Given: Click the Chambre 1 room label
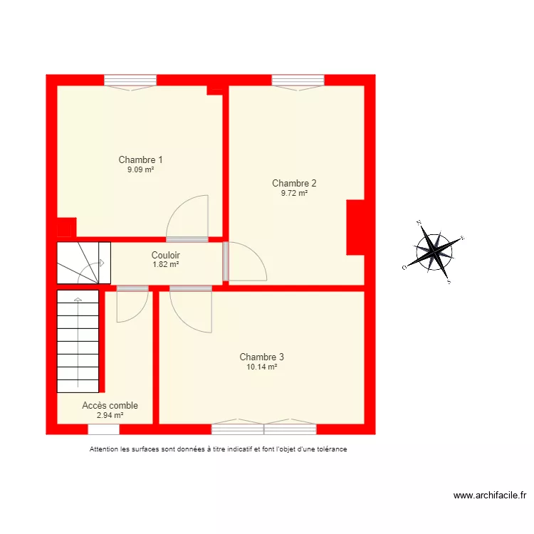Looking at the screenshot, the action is tap(140, 159).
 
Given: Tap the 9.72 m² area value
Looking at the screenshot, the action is tap(294, 193).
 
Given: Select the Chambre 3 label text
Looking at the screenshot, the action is tap(261, 357).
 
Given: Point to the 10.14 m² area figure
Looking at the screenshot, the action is tap(261, 367).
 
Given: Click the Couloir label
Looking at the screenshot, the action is tap(165, 255).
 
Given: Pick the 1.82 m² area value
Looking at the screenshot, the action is tap(166, 264).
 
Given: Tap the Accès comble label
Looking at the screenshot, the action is tap(110, 405).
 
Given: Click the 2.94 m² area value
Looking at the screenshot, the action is tap(110, 415).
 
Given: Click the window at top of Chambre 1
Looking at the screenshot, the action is tap(130, 82).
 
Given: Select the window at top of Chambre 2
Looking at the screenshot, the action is tap(298, 82).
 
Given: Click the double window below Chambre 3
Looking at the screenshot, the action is tap(264, 427).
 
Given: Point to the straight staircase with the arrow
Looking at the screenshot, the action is tap(78, 341).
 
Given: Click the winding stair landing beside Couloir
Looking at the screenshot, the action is tap(83, 263).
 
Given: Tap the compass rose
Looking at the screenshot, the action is tap(434, 252).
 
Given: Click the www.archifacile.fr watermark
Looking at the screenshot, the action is tap(490, 496).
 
